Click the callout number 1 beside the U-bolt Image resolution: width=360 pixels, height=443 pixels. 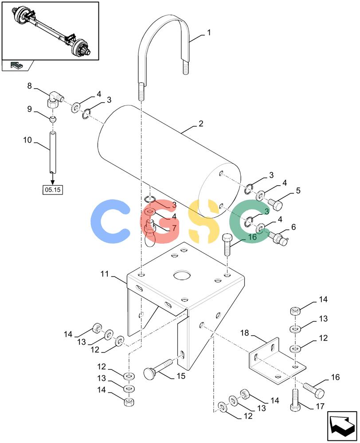tap(209, 33)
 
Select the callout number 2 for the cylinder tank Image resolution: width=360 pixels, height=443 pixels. tap(201, 124)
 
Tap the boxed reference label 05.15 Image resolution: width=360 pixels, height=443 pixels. tap(53, 190)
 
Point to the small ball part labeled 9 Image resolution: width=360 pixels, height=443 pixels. tap(52, 119)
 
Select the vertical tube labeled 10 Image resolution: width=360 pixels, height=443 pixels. tap(53, 152)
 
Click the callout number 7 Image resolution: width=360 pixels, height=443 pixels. tap(174, 228)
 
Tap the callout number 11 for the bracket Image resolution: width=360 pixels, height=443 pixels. tap(105, 274)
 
